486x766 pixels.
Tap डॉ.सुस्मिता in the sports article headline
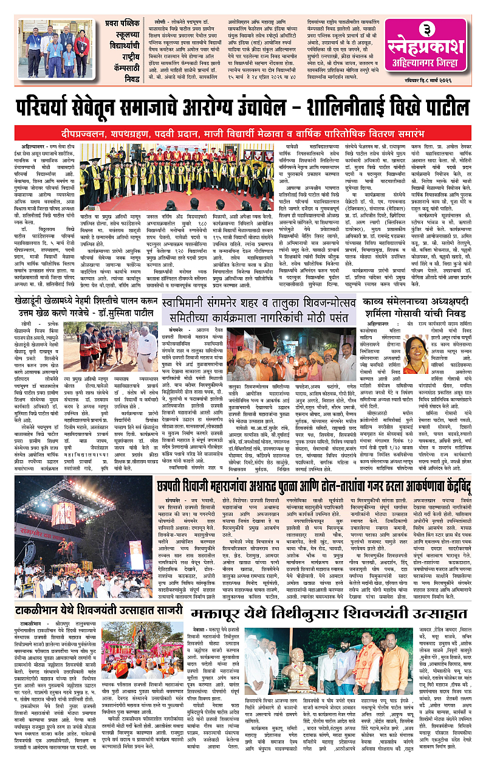[x=103, y=316]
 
